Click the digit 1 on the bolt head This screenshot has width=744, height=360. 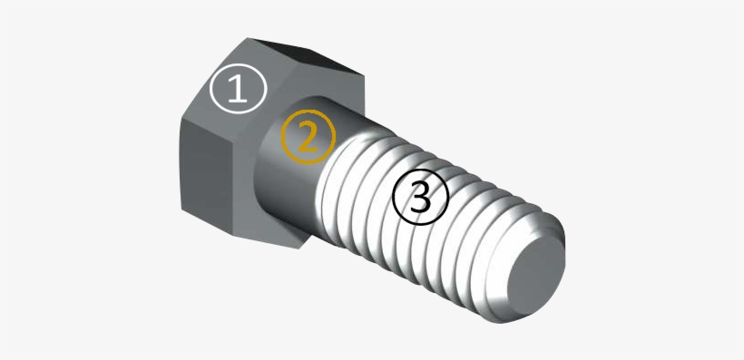point(237,88)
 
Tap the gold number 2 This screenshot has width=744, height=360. point(308,137)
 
